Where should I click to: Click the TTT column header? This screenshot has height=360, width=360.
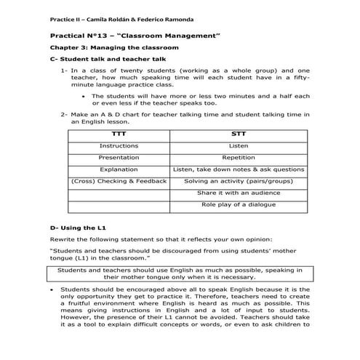point(118,134)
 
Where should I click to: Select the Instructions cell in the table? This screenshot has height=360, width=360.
point(118,145)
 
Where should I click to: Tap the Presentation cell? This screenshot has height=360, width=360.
point(118,157)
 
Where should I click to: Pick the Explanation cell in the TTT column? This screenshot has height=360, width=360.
point(118,169)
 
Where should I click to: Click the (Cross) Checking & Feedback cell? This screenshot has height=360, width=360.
point(118,180)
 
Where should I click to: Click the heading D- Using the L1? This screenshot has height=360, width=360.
point(73,227)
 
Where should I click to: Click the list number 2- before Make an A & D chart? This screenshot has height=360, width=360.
point(64,113)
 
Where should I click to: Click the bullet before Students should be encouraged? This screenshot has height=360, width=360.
point(52,289)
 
